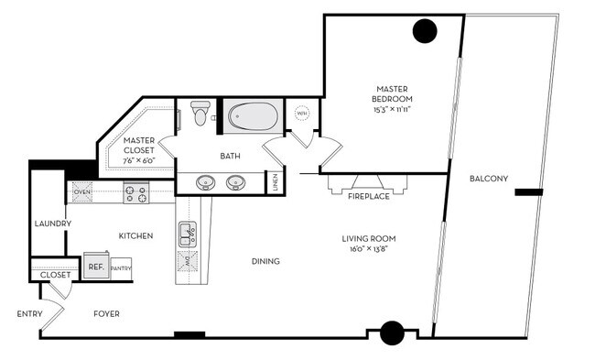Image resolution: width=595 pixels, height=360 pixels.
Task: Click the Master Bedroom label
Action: pos(393,93)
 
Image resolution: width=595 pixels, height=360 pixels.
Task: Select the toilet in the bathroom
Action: pos(201,114)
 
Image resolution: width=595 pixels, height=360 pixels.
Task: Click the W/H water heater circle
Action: pos(302,115)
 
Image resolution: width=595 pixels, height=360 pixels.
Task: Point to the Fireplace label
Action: pos(369,196)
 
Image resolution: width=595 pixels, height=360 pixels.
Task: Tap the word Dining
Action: pos(265,261)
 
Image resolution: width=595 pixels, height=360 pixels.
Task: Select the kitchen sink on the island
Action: pos(188,233)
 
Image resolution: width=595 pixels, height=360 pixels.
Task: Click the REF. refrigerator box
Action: pos(96,267)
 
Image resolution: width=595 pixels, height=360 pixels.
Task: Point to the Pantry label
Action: pos(122,268)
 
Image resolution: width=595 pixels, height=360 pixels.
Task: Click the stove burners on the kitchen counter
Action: pos(135,193)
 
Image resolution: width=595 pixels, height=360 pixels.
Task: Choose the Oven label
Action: pos(81,192)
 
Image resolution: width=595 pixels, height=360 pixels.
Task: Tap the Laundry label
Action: pos(52,224)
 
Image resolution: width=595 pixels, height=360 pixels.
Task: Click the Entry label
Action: pos(30,314)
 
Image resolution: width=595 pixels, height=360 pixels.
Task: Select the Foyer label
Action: pos(106,314)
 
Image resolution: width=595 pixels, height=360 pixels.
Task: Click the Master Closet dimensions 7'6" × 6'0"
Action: pos(139,160)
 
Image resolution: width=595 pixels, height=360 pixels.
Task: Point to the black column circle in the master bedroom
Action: pos(425,32)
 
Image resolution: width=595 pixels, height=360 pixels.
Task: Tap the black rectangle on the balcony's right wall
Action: pos(528,192)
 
